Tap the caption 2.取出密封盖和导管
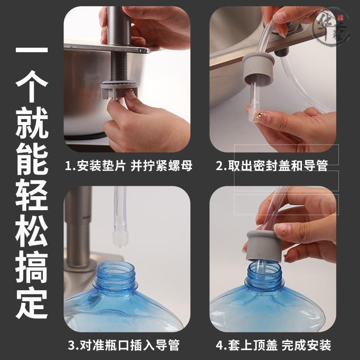[x=272, y=166]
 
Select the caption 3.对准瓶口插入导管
[x=124, y=345]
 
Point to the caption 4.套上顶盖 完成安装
[x=274, y=345]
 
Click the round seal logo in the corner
[x=332, y=27]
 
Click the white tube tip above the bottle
[x=120, y=239]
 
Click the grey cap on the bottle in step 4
[x=264, y=246]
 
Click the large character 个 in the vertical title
[x=31, y=86]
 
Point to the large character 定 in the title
[x=31, y=302]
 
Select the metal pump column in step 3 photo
[x=78, y=227]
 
